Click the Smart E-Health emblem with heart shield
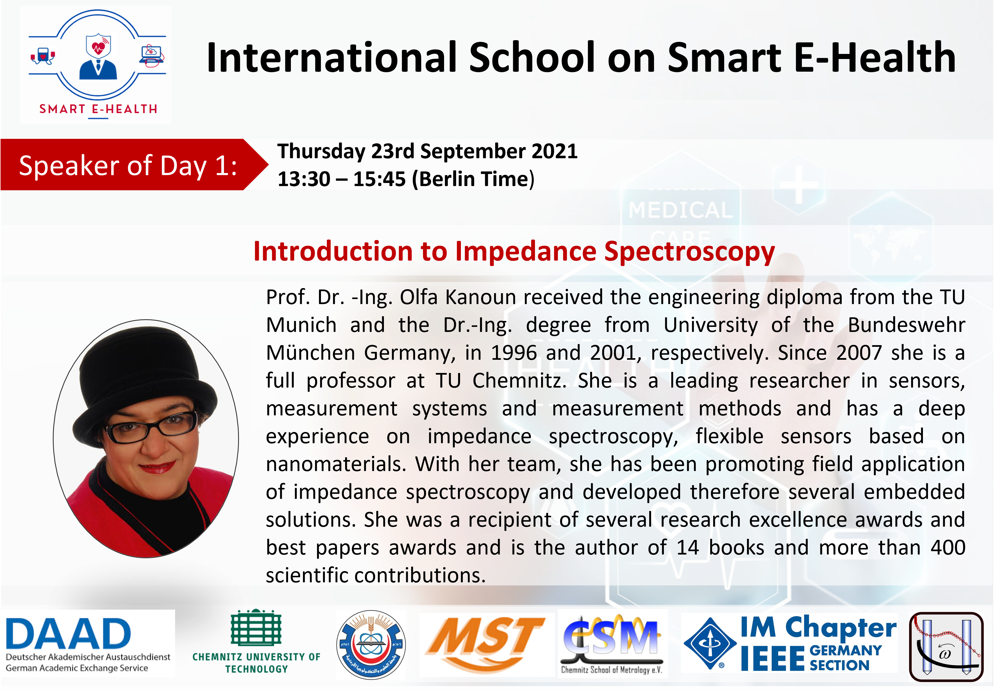pyautogui.click(x=98, y=64)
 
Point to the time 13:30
pyautogui.click(x=304, y=179)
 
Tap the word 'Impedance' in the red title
pyautogui.click(x=526, y=252)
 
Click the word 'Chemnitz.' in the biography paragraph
pyautogui.click(x=519, y=381)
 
